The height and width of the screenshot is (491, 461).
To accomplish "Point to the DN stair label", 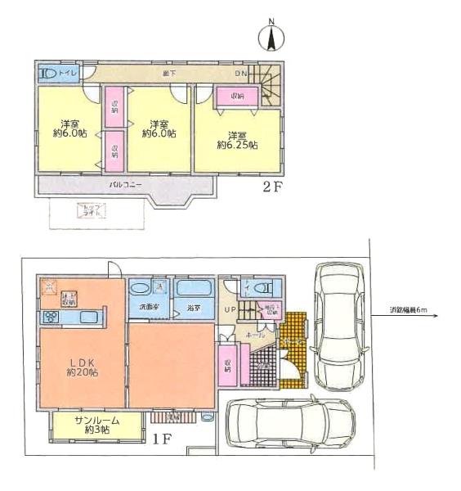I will tap(242, 74).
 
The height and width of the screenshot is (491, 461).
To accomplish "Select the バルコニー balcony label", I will tap(126, 186).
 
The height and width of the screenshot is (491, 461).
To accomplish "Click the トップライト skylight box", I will tap(86, 210).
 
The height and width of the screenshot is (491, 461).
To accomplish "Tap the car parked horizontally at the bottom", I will tap(293, 424).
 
